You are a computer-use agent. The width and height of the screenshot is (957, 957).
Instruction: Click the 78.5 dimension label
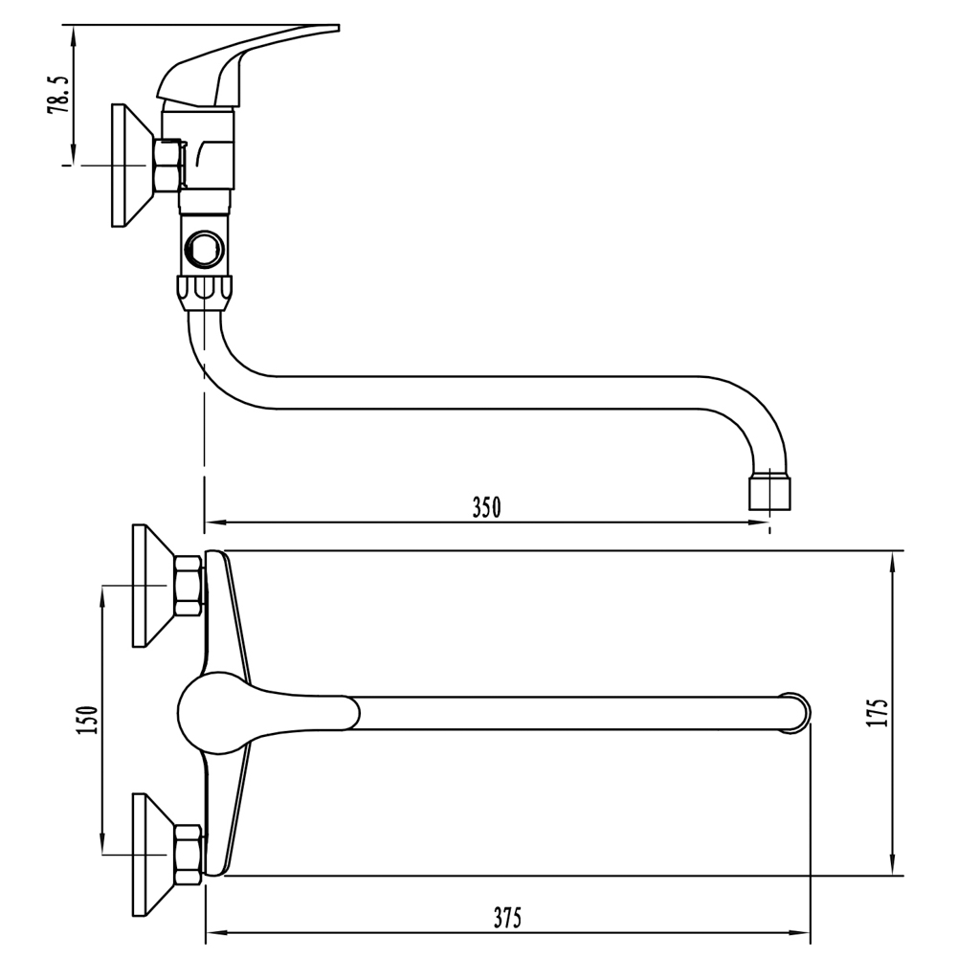59,96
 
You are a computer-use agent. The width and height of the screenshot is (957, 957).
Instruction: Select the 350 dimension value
486,507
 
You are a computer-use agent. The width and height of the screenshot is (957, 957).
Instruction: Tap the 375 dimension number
508,918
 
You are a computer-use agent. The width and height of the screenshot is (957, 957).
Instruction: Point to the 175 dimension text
877,712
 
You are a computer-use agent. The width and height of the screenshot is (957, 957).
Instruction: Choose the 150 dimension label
88,720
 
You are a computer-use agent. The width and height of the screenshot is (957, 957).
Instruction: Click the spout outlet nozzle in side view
769,493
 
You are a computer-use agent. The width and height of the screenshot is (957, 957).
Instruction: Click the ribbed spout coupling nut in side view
205,293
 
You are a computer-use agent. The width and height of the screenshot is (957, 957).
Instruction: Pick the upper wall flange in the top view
154,586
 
